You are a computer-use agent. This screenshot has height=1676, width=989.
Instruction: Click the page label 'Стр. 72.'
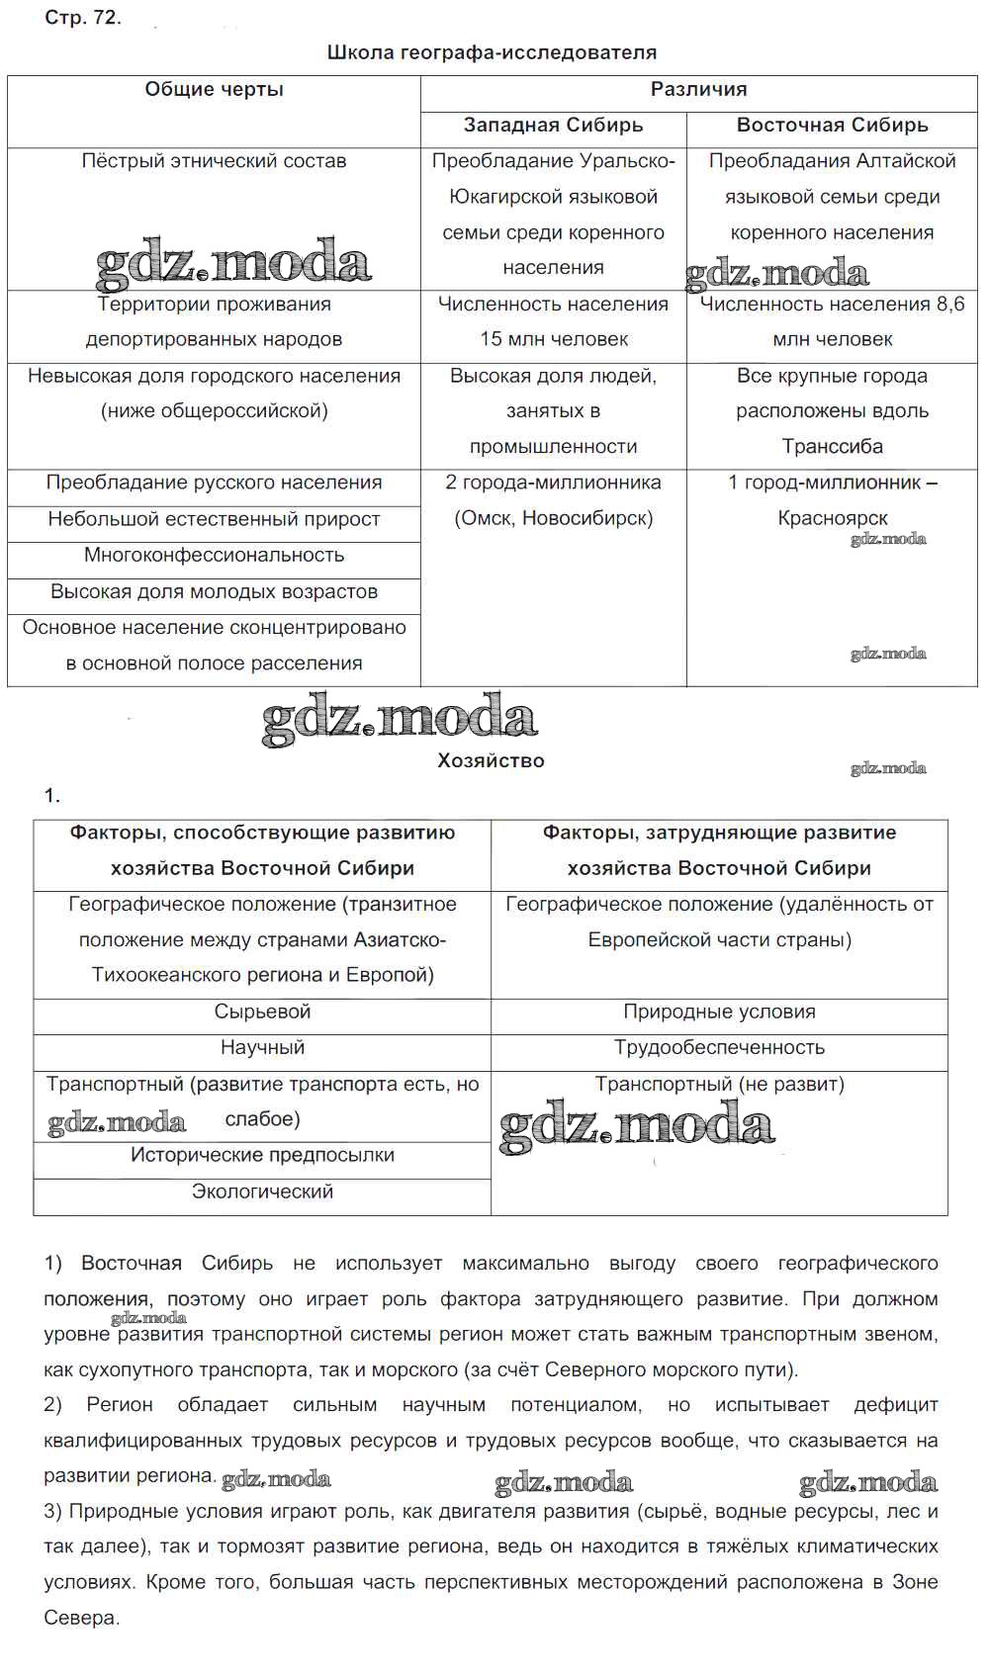83,18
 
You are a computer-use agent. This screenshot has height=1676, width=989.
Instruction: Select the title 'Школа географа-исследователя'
492,53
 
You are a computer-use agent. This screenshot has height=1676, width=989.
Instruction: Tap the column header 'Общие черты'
214,90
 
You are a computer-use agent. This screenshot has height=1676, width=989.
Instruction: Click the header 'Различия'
698,90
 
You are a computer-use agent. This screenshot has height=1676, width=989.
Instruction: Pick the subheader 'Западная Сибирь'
553,126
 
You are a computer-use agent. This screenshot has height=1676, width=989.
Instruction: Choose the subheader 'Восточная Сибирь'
832,126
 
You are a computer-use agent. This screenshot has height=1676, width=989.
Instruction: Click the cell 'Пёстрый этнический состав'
214,161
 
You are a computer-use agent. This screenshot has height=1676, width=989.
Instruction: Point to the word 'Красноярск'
832,518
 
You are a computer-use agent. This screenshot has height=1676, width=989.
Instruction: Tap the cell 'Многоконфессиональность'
214,556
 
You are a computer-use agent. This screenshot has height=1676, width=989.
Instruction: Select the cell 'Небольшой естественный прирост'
214,519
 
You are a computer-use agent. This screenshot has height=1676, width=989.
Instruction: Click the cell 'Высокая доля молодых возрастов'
214,592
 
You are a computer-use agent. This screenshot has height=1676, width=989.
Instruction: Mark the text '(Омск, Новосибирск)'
553,518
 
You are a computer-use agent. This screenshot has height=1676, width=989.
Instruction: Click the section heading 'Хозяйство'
491,761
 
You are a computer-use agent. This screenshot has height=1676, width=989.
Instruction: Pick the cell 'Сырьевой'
262,1012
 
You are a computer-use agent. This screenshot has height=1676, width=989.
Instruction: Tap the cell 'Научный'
262,1048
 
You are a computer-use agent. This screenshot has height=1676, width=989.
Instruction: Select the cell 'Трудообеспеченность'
719,1048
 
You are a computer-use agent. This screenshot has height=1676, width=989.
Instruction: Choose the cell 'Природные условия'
719,1012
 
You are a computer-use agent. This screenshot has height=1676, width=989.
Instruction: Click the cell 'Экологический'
262,1192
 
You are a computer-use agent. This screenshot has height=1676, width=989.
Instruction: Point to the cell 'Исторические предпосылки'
262,1156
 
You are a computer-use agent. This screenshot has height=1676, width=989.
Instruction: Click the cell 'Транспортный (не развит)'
719,1085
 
